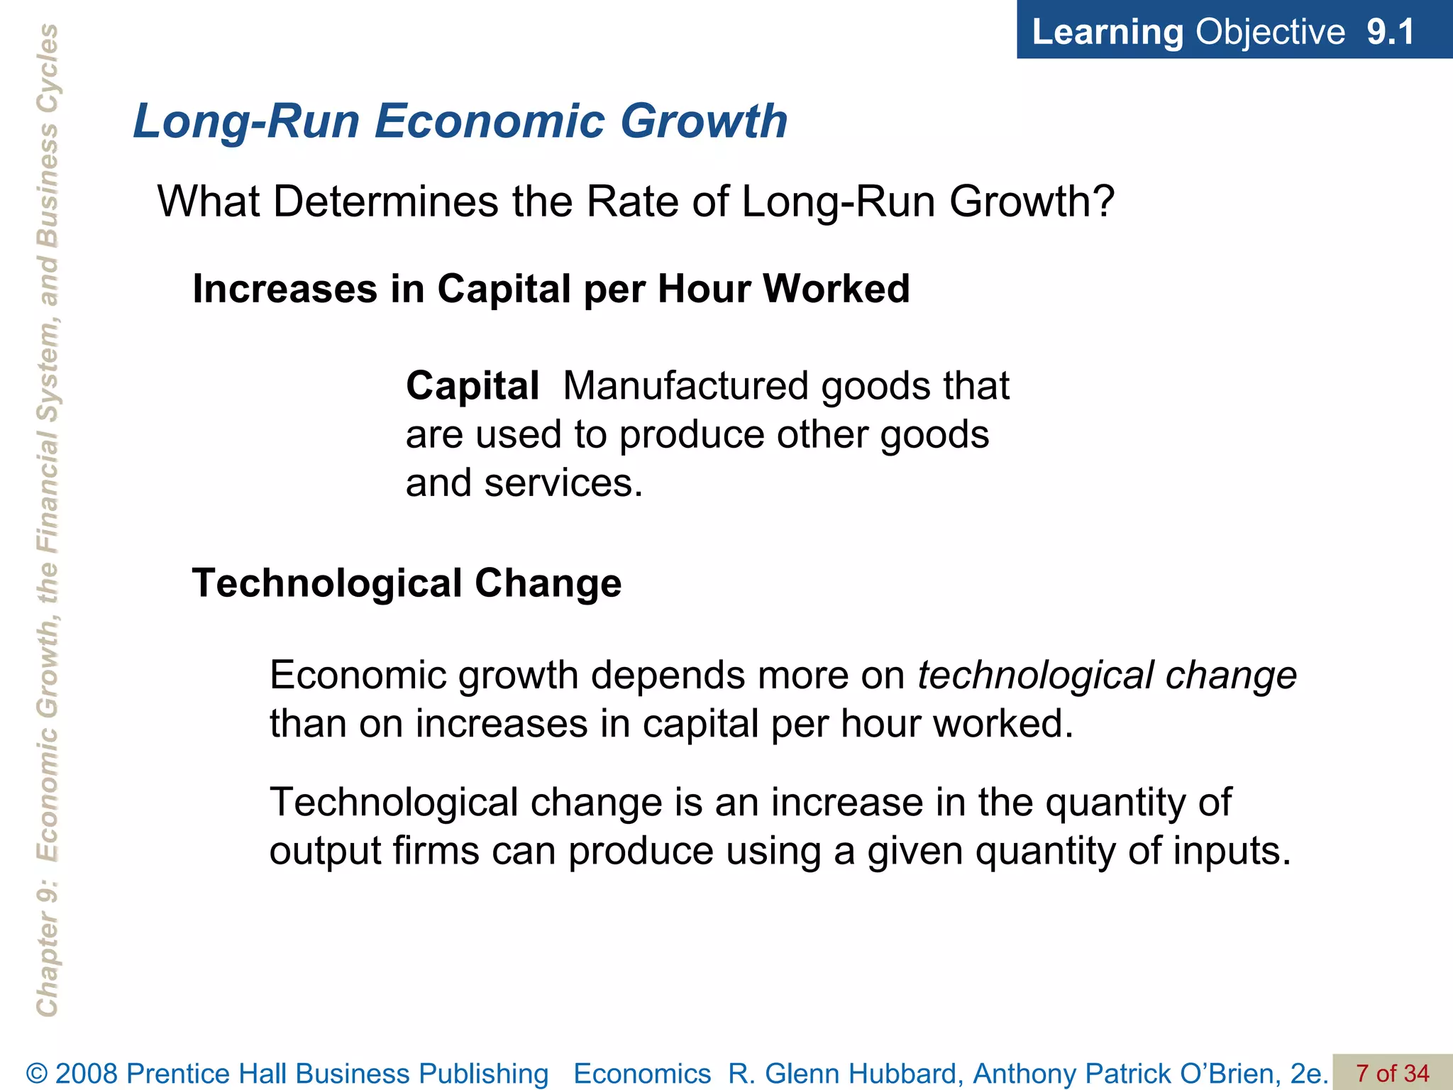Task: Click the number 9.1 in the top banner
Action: click(1391, 32)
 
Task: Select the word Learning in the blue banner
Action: click(1107, 32)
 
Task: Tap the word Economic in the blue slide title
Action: click(490, 121)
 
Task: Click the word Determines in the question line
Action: click(386, 202)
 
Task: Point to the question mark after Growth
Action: click(1103, 202)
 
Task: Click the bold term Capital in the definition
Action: click(473, 386)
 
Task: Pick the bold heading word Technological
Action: click(327, 583)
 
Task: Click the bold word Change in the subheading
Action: click(548, 583)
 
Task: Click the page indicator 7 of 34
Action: click(1392, 1074)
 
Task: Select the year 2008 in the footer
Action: click(88, 1074)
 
